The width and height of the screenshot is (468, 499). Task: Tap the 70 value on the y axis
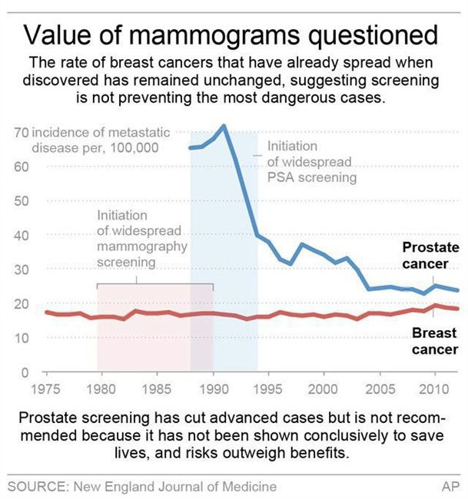tap(21, 134)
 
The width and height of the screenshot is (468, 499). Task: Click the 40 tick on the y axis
tap(21, 235)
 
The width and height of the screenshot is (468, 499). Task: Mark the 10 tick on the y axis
tap(21, 338)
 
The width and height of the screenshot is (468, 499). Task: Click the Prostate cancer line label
tap(430, 256)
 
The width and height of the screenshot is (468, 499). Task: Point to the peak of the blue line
tap(224, 125)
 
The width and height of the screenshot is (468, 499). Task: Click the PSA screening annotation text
tap(311, 161)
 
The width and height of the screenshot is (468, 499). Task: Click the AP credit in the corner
tap(448, 487)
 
